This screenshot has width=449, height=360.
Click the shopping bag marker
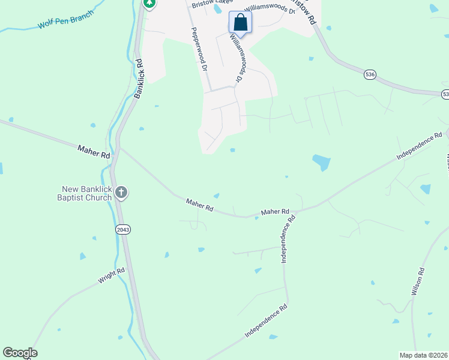click(240, 23)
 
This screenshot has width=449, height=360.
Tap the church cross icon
click(121, 193)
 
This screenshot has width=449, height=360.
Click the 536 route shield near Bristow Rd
click(370, 74)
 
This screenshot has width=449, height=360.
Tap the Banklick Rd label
click(139, 78)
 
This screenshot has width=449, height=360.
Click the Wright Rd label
click(112, 276)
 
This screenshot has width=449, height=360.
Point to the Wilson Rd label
click(418, 283)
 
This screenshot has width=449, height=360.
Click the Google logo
click(20, 353)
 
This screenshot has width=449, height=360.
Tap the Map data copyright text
click(424, 355)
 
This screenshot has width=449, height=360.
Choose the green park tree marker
click(149, 3)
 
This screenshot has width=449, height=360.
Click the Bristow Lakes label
click(210, 5)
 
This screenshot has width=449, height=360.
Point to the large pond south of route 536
click(321, 162)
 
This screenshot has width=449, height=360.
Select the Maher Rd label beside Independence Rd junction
click(275, 212)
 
